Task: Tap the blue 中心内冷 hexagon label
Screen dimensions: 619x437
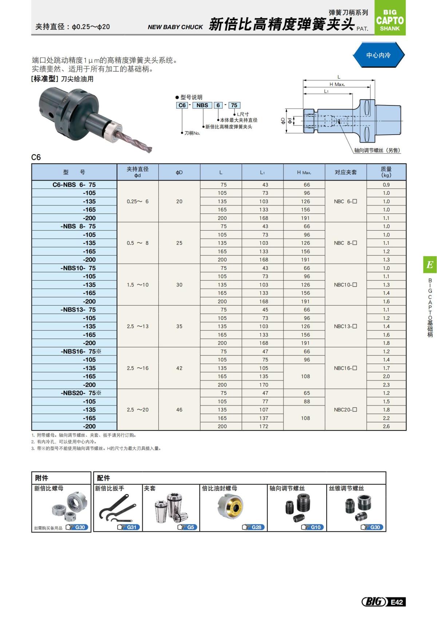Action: (x=378, y=55)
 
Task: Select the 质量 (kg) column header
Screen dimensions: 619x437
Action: (x=386, y=172)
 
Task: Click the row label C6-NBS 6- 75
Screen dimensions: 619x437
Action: (x=74, y=185)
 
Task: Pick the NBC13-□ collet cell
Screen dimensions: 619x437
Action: (x=345, y=326)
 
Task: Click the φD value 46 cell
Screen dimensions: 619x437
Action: (x=179, y=410)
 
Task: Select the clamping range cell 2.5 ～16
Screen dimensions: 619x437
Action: (x=138, y=368)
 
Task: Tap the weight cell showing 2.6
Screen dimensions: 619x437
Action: (x=386, y=426)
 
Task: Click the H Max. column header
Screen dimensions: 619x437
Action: (x=304, y=172)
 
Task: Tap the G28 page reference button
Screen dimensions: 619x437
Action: (x=253, y=527)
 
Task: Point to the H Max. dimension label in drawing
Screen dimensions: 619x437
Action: (x=337, y=84)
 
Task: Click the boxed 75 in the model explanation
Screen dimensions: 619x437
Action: (x=234, y=105)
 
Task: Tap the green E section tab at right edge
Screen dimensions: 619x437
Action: (x=430, y=264)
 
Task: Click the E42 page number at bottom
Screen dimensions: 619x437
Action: (x=397, y=602)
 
